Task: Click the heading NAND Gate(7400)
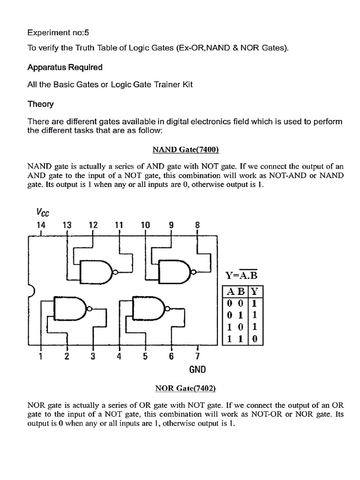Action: click(186, 150)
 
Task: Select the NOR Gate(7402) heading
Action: click(186, 388)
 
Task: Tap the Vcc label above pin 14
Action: click(43, 213)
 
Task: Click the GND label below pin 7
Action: click(198, 369)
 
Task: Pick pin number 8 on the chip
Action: click(197, 225)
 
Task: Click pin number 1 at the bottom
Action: click(41, 357)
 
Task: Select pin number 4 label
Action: click(119, 357)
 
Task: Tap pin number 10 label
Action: click(145, 225)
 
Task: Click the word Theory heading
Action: click(40, 104)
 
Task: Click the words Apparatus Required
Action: click(65, 67)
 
